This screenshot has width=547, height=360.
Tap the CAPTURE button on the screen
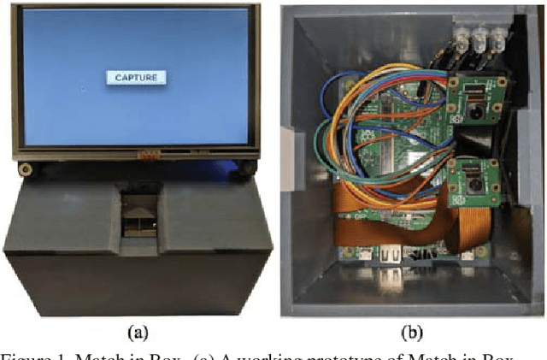136,78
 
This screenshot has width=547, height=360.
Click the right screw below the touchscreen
247,167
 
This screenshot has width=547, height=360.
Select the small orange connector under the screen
149,155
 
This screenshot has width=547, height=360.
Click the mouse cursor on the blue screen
82,88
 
